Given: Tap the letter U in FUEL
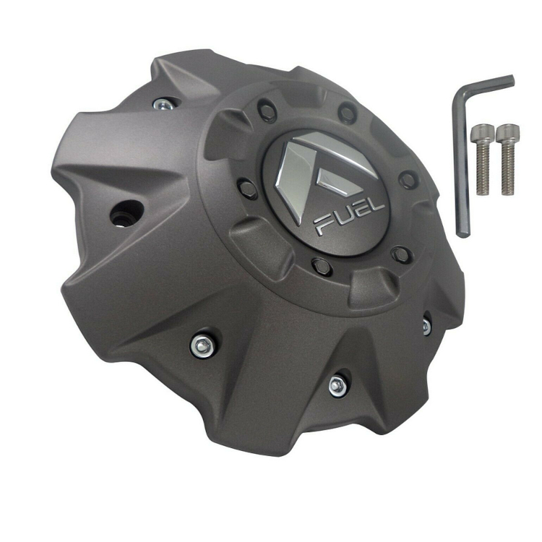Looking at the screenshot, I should (x=344, y=218).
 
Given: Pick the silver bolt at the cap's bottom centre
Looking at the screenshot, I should (x=336, y=384).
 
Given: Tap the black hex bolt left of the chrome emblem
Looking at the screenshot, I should (x=249, y=189).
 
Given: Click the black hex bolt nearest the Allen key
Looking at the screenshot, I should (x=408, y=178).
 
